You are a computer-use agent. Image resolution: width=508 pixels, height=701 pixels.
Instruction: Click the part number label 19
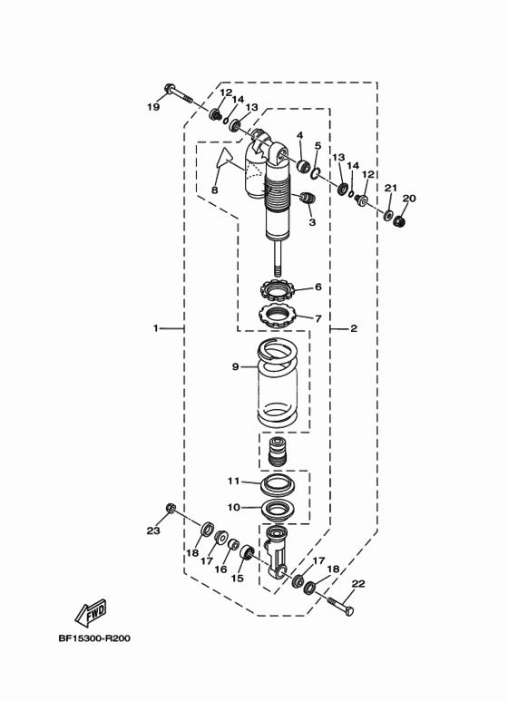point(153,107)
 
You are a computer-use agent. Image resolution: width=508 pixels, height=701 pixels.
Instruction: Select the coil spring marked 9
point(278,383)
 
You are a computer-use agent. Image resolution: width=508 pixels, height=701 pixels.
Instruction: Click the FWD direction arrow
point(91,612)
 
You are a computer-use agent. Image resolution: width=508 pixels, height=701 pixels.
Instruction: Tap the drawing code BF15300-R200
point(94,638)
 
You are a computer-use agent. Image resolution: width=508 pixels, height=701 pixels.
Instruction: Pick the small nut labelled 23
point(170,508)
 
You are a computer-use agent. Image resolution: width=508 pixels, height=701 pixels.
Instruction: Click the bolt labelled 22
point(341,607)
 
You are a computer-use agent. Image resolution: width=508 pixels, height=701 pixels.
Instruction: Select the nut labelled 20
point(399,220)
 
